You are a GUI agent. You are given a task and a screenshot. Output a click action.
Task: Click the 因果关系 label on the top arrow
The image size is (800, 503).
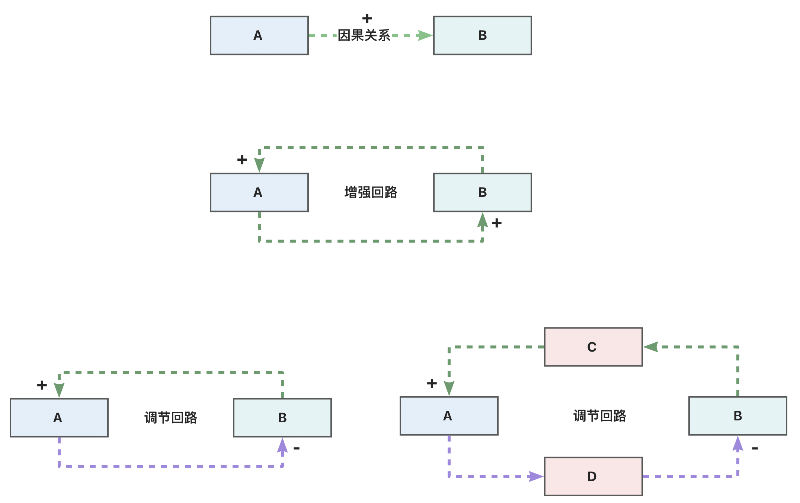point(364,36)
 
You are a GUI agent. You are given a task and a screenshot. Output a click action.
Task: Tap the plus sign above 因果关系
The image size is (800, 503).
point(367,18)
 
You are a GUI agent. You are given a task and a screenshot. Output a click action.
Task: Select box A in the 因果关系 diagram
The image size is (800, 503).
point(259,35)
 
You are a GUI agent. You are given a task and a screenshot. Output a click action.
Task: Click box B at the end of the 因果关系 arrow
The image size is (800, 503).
point(482,35)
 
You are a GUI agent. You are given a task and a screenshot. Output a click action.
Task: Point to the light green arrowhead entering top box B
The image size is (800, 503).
point(425,35)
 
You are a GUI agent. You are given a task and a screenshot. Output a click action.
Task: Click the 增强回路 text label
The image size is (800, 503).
point(371,192)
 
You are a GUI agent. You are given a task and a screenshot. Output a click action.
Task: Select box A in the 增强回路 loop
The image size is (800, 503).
point(259,192)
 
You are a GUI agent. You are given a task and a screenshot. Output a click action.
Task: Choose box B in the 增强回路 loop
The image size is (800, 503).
point(482,192)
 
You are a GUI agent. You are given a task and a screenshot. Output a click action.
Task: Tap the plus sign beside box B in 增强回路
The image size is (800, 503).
point(496,223)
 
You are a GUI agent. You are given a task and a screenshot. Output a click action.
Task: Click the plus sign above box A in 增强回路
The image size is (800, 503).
point(242,160)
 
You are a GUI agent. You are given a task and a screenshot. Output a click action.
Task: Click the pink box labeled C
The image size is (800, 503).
point(593,347)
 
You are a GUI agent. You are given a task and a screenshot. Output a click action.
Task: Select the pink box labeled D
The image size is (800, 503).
point(593,476)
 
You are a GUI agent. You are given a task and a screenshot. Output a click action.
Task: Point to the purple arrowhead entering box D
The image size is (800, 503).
point(536,476)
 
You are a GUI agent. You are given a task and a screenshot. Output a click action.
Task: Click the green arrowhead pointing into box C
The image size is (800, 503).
point(651,347)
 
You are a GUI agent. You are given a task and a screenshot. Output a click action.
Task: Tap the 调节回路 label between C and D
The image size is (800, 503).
point(599,416)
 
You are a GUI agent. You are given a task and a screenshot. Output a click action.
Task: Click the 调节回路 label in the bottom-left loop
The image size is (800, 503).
point(171,418)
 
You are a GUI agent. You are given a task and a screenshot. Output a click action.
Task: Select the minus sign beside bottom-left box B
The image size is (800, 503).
point(297,448)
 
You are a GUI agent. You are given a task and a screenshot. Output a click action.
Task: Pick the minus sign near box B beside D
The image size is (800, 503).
point(755,448)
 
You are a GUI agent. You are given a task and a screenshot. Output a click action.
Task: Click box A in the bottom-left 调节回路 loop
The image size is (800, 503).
point(59,417)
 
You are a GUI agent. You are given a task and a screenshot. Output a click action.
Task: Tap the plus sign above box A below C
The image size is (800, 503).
point(432,383)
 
